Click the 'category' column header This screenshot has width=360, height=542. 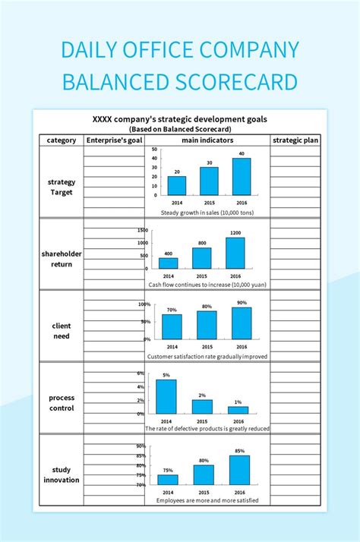pyautogui.click(x=61, y=140)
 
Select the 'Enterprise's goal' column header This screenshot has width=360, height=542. pyautogui.click(x=114, y=140)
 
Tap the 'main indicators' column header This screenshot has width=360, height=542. pyautogui.click(x=207, y=140)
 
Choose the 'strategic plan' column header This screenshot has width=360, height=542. pyautogui.click(x=295, y=140)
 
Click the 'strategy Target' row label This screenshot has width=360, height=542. pyautogui.click(x=61, y=187)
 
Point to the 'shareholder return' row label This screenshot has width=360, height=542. pyautogui.click(x=61, y=258)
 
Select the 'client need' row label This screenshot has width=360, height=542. pyautogui.click(x=61, y=330)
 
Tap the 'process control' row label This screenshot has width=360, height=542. pyautogui.click(x=61, y=402)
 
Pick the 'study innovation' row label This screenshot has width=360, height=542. pyautogui.click(x=61, y=474)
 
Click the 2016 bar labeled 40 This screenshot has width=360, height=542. pyautogui.click(x=241, y=177)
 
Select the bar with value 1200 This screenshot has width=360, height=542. pyautogui.click(x=235, y=254)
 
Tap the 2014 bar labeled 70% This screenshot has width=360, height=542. pyautogui.click(x=172, y=326)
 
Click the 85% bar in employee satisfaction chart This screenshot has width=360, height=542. pyautogui.click(x=240, y=470)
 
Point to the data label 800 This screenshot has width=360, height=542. pyautogui.click(x=202, y=243)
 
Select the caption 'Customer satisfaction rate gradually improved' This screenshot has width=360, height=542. pyautogui.click(x=207, y=356)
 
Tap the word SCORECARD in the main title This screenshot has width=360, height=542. pyautogui.click(x=243, y=80)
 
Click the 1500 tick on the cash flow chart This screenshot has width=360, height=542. pyautogui.click(x=143, y=230)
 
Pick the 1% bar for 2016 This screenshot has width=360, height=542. pyautogui.click(x=238, y=410)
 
